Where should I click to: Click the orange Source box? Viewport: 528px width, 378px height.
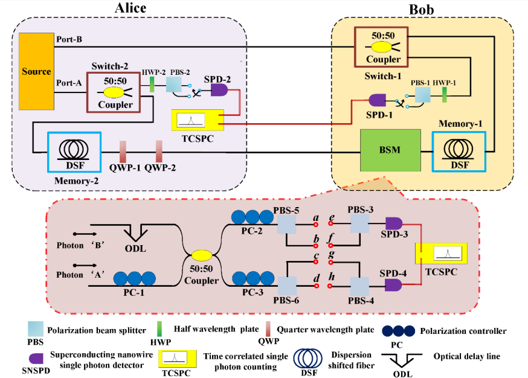pyautogui.click(x=36, y=71)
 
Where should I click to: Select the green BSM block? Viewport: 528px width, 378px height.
pyautogui.click(x=390, y=150)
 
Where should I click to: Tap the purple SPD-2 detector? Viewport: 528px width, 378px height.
pyautogui.click(x=219, y=90)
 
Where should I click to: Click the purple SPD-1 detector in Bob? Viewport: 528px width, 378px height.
pyautogui.click(x=377, y=100)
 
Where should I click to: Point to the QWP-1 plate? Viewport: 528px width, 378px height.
pyautogui.click(x=123, y=152)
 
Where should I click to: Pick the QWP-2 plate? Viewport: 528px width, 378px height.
pyautogui.click(x=159, y=152)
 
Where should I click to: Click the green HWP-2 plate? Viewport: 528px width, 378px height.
pyautogui.click(x=152, y=85)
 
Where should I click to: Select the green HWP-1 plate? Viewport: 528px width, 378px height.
pyautogui.click(x=444, y=95)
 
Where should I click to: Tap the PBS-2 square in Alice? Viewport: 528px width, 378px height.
pyautogui.click(x=174, y=85)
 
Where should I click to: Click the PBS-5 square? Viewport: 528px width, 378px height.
pyautogui.click(x=286, y=225)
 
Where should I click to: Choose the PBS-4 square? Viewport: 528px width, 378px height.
pyautogui.click(x=359, y=286)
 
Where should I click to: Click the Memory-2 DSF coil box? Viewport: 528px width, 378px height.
pyautogui.click(x=74, y=152)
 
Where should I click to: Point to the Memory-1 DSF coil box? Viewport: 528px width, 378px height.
pyautogui.click(x=459, y=152)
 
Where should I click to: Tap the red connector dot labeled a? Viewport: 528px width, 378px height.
pyautogui.click(x=316, y=224)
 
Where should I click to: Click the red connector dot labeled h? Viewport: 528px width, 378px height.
pyautogui.click(x=330, y=286)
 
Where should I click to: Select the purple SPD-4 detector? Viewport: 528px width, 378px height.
pyautogui.click(x=393, y=285)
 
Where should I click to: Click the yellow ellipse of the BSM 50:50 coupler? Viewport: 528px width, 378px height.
pyautogui.click(x=202, y=255)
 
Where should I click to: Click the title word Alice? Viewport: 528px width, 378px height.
pyautogui.click(x=130, y=8)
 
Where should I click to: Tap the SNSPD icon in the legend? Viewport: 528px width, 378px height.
pyautogui.click(x=36, y=359)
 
